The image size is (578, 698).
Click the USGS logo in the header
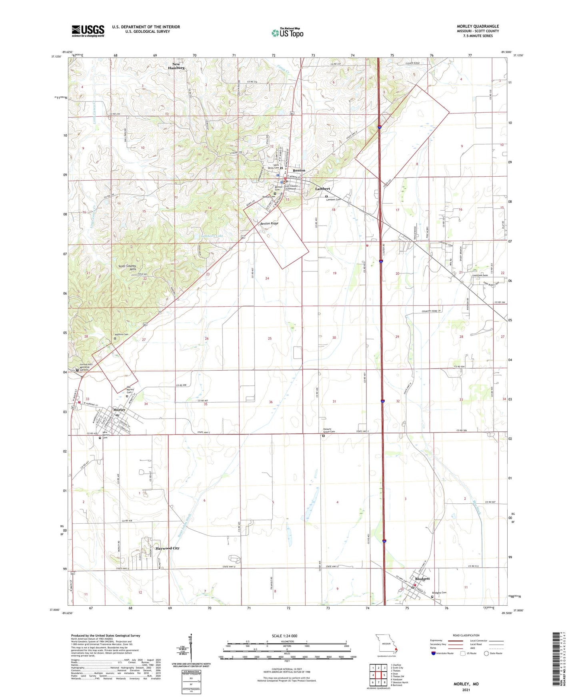pyautogui.click(x=88, y=31)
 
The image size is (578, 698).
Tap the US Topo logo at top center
pyautogui.click(x=287, y=32)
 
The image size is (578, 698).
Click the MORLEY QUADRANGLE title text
pyautogui.click(x=478, y=26)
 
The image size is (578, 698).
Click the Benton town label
pyautogui.click(x=299, y=170)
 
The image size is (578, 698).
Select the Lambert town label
pyautogui.click(x=322, y=189)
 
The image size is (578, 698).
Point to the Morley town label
pyautogui.click(x=119, y=409)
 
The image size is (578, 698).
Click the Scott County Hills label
pyautogui.click(x=127, y=267)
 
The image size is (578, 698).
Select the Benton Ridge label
pyautogui.click(x=269, y=223)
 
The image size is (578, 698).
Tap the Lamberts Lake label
pyautogui.click(x=212, y=236)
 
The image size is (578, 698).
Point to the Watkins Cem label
pyautogui.click(x=122, y=334)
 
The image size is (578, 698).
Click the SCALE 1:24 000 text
pyautogui.click(x=284, y=636)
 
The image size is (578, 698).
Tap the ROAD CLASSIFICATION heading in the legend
pyautogui.click(x=466, y=635)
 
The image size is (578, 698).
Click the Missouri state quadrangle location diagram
pyautogui.click(x=386, y=644)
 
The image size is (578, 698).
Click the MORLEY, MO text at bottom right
pyautogui.click(x=466, y=684)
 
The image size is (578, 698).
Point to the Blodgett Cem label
pyautogui.click(x=439, y=593)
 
